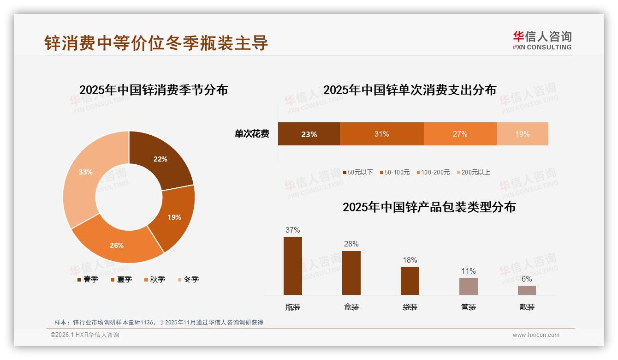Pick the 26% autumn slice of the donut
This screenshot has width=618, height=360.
[x=117, y=245]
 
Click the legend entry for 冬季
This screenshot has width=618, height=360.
[x=188, y=279]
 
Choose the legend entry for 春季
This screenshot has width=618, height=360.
[x=88, y=279]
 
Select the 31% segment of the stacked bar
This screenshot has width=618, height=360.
[x=381, y=134]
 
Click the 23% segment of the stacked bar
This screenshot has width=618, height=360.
[x=309, y=134]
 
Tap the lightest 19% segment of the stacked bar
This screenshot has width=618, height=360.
[x=522, y=134]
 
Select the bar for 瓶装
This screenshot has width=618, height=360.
[x=293, y=266]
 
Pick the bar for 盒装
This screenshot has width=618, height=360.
[x=351, y=273]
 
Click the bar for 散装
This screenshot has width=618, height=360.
[x=527, y=290]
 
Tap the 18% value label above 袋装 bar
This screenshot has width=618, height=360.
[x=410, y=260]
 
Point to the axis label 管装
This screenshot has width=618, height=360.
[x=469, y=307]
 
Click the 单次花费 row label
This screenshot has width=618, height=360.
[x=252, y=134]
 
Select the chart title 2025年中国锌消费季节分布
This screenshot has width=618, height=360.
[x=154, y=90]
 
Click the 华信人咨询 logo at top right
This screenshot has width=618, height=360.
[x=542, y=40]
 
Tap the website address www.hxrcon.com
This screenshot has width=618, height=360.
[x=536, y=335]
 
